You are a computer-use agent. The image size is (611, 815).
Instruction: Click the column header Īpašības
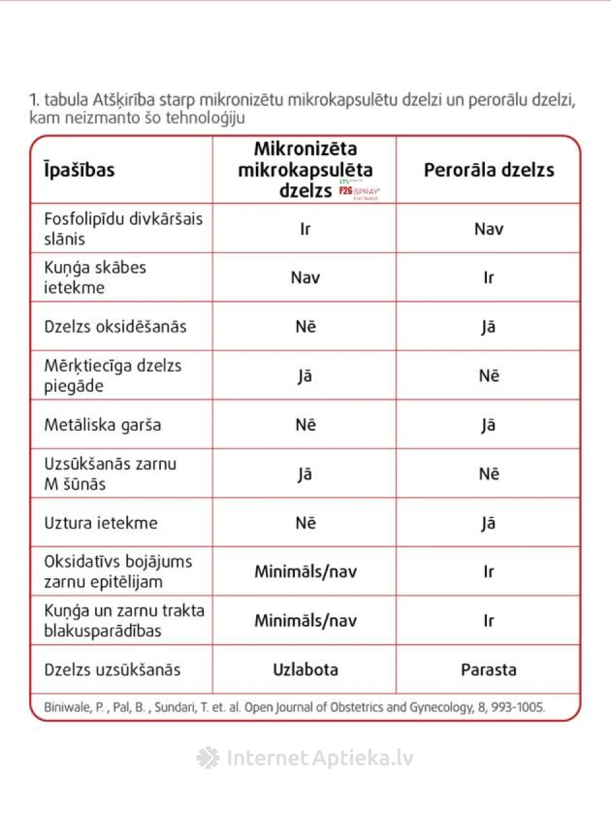click(x=80, y=169)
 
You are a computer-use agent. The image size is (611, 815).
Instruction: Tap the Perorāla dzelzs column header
click(x=489, y=169)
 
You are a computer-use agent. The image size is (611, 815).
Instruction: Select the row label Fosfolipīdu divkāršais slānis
click(x=123, y=228)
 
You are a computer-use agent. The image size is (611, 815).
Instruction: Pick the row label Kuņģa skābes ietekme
click(x=95, y=277)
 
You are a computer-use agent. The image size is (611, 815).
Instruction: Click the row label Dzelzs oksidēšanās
click(x=115, y=327)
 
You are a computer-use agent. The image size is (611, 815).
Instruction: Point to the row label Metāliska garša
click(x=103, y=425)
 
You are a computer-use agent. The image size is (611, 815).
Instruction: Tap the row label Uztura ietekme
click(x=101, y=523)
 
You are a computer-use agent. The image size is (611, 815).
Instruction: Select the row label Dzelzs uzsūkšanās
click(x=113, y=669)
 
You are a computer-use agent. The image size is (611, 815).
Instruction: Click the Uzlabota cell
click(x=305, y=669)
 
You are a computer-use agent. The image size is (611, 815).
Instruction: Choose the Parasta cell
click(x=489, y=669)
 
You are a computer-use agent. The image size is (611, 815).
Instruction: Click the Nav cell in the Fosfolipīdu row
click(x=489, y=228)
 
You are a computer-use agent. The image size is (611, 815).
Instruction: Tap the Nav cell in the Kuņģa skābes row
click(x=305, y=277)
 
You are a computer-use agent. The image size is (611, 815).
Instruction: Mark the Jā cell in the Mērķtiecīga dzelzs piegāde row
click(x=305, y=376)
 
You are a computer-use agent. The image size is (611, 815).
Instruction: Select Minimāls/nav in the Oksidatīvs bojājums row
click(x=305, y=572)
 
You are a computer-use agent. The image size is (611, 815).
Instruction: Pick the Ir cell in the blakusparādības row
click(x=489, y=621)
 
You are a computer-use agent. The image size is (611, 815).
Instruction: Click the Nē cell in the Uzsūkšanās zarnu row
click(x=489, y=474)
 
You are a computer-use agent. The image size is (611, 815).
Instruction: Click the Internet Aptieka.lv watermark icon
click(x=208, y=757)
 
